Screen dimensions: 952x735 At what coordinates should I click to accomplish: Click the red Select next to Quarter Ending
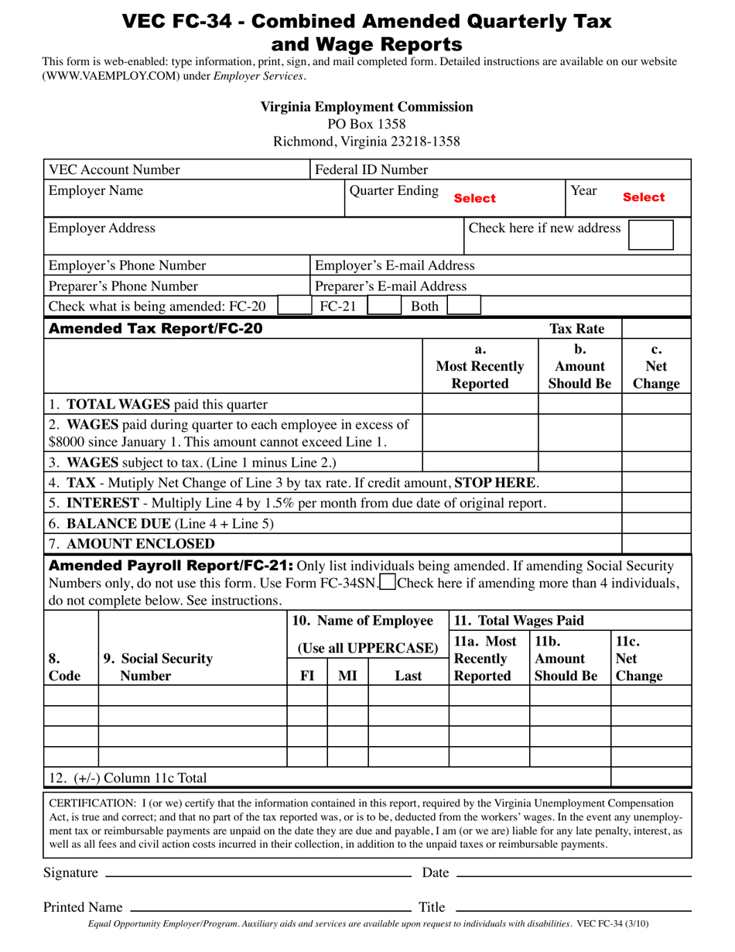click(x=474, y=198)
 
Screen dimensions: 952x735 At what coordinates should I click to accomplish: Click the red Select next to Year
click(x=644, y=197)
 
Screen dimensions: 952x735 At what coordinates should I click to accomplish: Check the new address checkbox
click(x=651, y=235)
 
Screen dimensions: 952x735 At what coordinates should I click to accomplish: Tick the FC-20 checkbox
click(x=294, y=306)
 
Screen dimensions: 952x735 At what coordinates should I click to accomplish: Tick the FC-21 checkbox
click(x=383, y=306)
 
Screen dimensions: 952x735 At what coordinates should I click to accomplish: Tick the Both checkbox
click(x=463, y=306)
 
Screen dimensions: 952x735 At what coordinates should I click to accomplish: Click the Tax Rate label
click(x=576, y=329)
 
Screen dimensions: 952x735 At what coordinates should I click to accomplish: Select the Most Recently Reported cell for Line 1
click(x=480, y=404)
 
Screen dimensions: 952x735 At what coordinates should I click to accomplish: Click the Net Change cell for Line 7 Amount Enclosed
click(x=656, y=543)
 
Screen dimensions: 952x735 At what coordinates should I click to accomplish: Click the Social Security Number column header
click(x=158, y=667)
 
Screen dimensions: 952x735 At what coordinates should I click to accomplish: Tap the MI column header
click(x=348, y=676)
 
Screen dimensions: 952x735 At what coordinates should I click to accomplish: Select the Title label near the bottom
click(x=432, y=907)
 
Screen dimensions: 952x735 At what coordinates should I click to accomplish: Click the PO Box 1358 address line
click(x=366, y=124)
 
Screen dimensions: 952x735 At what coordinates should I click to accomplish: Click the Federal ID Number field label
click(x=371, y=170)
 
